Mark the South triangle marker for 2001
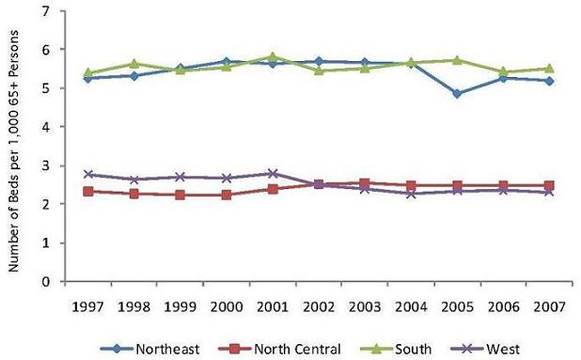271,57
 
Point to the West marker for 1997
88,174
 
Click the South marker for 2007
548,69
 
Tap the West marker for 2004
410,194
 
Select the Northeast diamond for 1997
88,78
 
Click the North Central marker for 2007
548,186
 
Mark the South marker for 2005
456,60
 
